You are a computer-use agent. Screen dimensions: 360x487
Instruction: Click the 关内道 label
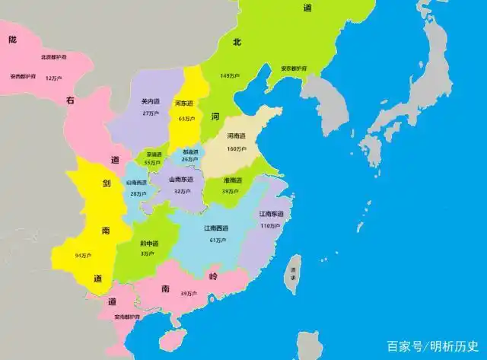pyautogui.click(x=149, y=101)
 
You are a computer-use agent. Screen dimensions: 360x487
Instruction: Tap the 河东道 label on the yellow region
pyautogui.click(x=183, y=104)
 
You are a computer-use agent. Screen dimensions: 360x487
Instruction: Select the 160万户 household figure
pyautogui.click(x=236, y=149)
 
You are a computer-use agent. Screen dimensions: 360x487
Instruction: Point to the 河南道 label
pyautogui.click(x=236, y=137)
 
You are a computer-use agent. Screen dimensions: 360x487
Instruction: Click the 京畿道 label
pyautogui.click(x=154, y=154)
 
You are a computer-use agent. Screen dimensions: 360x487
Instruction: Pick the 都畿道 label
pyautogui.click(x=189, y=151)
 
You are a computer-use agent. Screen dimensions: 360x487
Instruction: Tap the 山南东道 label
pyautogui.click(x=181, y=180)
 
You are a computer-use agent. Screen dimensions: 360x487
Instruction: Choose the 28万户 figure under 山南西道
pyautogui.click(x=138, y=194)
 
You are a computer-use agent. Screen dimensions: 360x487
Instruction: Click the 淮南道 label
pyautogui.click(x=232, y=180)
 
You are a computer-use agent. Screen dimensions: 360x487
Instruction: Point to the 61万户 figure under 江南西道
pyautogui.click(x=216, y=241)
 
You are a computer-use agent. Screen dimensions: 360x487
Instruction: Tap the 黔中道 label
pyautogui.click(x=149, y=244)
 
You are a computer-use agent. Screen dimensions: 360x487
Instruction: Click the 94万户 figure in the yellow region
pyautogui.click(x=84, y=255)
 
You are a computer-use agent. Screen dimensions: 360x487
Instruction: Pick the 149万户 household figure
pyautogui.click(x=229, y=76)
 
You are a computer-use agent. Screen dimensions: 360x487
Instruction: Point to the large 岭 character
pyautogui.click(x=214, y=276)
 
